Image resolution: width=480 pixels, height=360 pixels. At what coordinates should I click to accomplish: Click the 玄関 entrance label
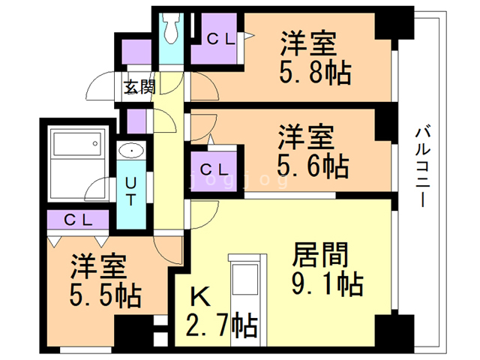(139, 86)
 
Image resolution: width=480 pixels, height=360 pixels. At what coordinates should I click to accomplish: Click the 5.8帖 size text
(314, 73)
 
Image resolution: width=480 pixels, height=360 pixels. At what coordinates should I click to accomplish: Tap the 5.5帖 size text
(106, 296)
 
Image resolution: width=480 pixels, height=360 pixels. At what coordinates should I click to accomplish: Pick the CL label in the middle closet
(215, 167)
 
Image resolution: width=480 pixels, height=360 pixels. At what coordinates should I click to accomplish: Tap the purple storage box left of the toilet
(136, 52)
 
